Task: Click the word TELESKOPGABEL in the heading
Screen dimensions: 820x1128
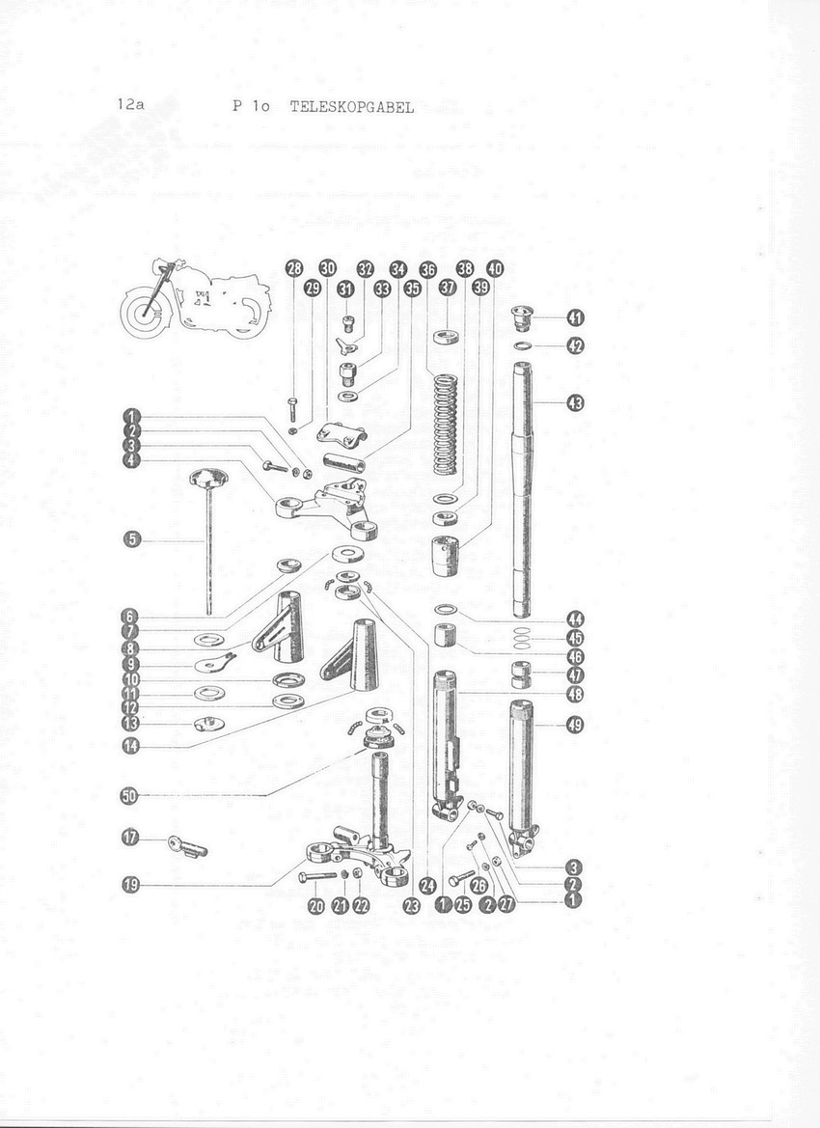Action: tap(352, 108)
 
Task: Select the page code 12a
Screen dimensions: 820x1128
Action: tap(130, 104)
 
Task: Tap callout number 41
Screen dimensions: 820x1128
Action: tap(576, 317)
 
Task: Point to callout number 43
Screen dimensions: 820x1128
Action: tap(576, 403)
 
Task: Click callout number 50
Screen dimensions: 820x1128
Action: tap(129, 796)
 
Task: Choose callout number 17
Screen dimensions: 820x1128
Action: tap(130, 839)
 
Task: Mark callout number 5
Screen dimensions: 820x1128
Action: tap(131, 538)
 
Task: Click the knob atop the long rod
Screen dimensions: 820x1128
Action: tap(207, 477)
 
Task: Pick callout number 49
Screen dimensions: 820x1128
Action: tap(575, 726)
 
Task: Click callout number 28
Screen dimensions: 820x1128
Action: tap(294, 269)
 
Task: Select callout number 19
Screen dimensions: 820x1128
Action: tap(130, 885)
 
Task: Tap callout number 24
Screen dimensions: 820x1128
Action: tap(428, 886)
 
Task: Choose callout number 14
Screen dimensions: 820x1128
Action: tap(130, 746)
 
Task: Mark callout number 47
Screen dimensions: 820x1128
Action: tap(576, 675)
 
